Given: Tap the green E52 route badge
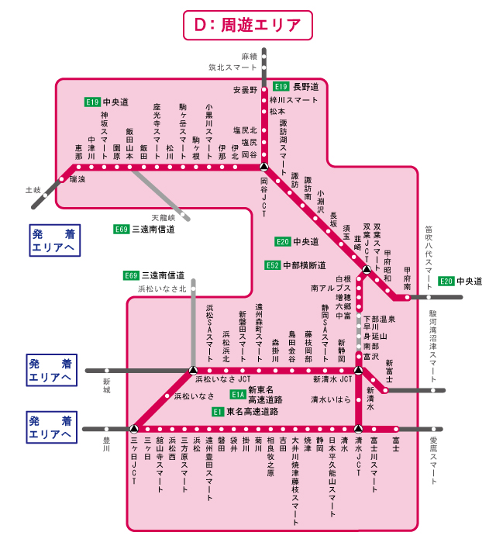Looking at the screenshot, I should coord(272,265).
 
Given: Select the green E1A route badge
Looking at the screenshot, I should coord(238,394).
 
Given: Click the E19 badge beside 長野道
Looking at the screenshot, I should coord(281,86).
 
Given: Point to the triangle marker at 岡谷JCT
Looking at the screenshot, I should coord(264,167).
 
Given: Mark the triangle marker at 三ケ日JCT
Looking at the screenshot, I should coord(134,428).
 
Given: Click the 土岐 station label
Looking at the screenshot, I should coord(32,189).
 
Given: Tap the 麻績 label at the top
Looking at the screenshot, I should coord(248,57).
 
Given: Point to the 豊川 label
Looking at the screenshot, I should coord(107,446).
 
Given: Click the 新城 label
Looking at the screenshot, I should coord(107,385).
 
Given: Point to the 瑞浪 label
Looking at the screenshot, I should coord(78,179).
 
